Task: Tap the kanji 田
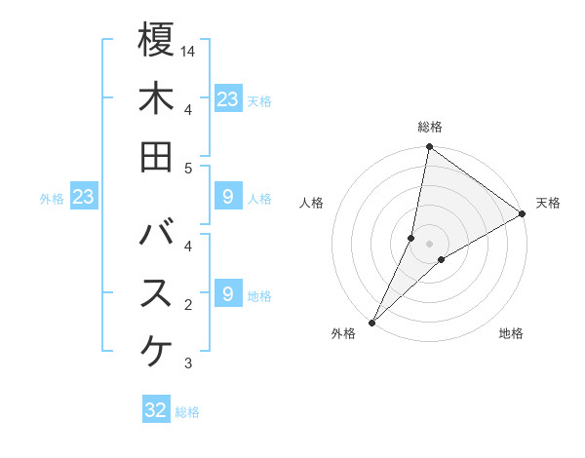[x=156, y=156]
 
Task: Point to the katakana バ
[x=156, y=234]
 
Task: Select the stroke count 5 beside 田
[x=188, y=168]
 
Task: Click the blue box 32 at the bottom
[x=156, y=410]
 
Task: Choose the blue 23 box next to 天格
[x=227, y=98]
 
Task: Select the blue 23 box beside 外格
[x=84, y=198]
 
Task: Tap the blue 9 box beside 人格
[x=227, y=198]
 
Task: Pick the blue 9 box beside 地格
[x=227, y=293]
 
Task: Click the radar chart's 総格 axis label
[x=430, y=128]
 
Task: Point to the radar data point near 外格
[x=372, y=321]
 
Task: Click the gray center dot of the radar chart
[x=429, y=243]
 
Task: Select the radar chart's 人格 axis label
[x=311, y=203]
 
